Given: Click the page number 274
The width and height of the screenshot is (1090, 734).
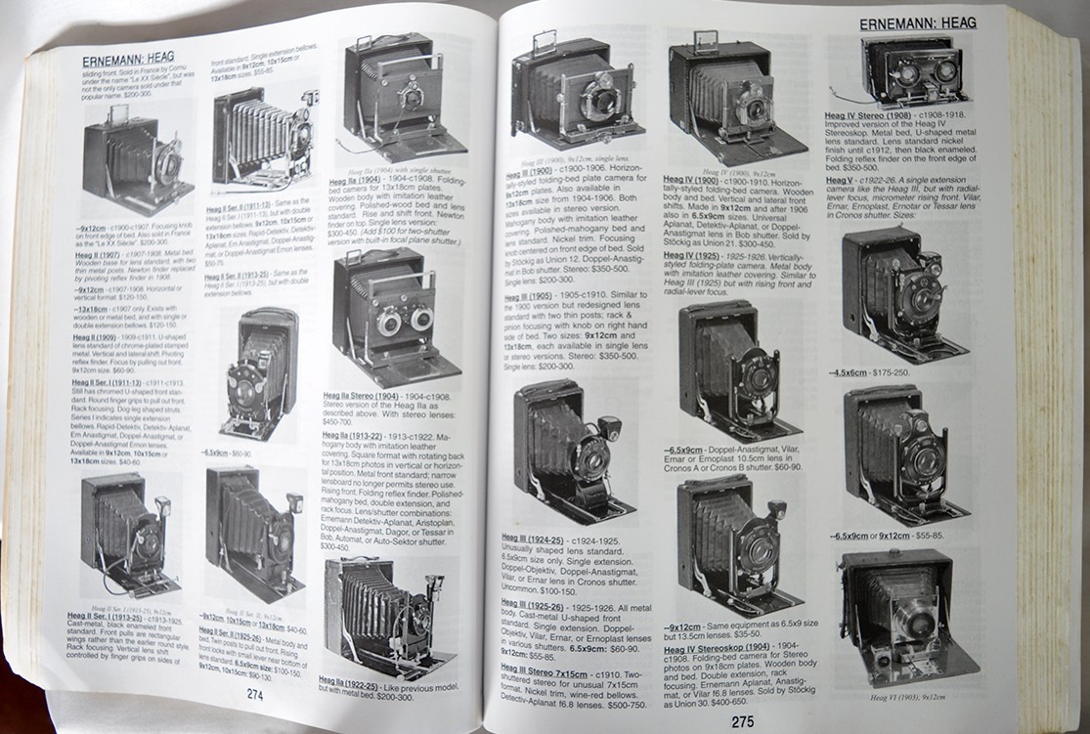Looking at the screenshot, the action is pos(255,696).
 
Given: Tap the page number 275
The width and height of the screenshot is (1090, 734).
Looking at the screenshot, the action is pos(742,723).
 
